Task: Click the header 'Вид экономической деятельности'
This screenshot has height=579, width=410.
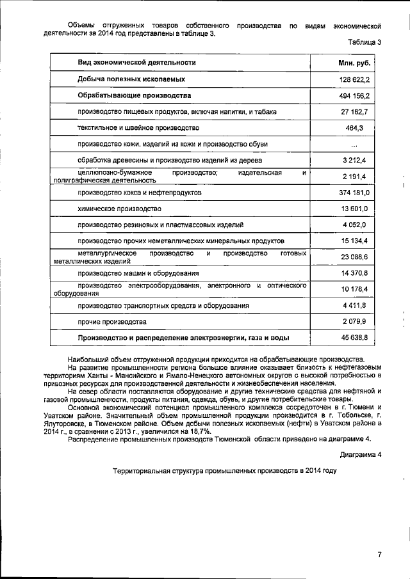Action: click(x=136, y=63)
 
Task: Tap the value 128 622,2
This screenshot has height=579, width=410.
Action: click(x=355, y=79)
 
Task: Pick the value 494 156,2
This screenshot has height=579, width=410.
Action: click(x=355, y=95)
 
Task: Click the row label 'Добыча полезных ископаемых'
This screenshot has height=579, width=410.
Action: click(x=131, y=79)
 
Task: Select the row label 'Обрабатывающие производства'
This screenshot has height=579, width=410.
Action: click(x=134, y=95)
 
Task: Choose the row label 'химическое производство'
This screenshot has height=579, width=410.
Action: click(x=118, y=209)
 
